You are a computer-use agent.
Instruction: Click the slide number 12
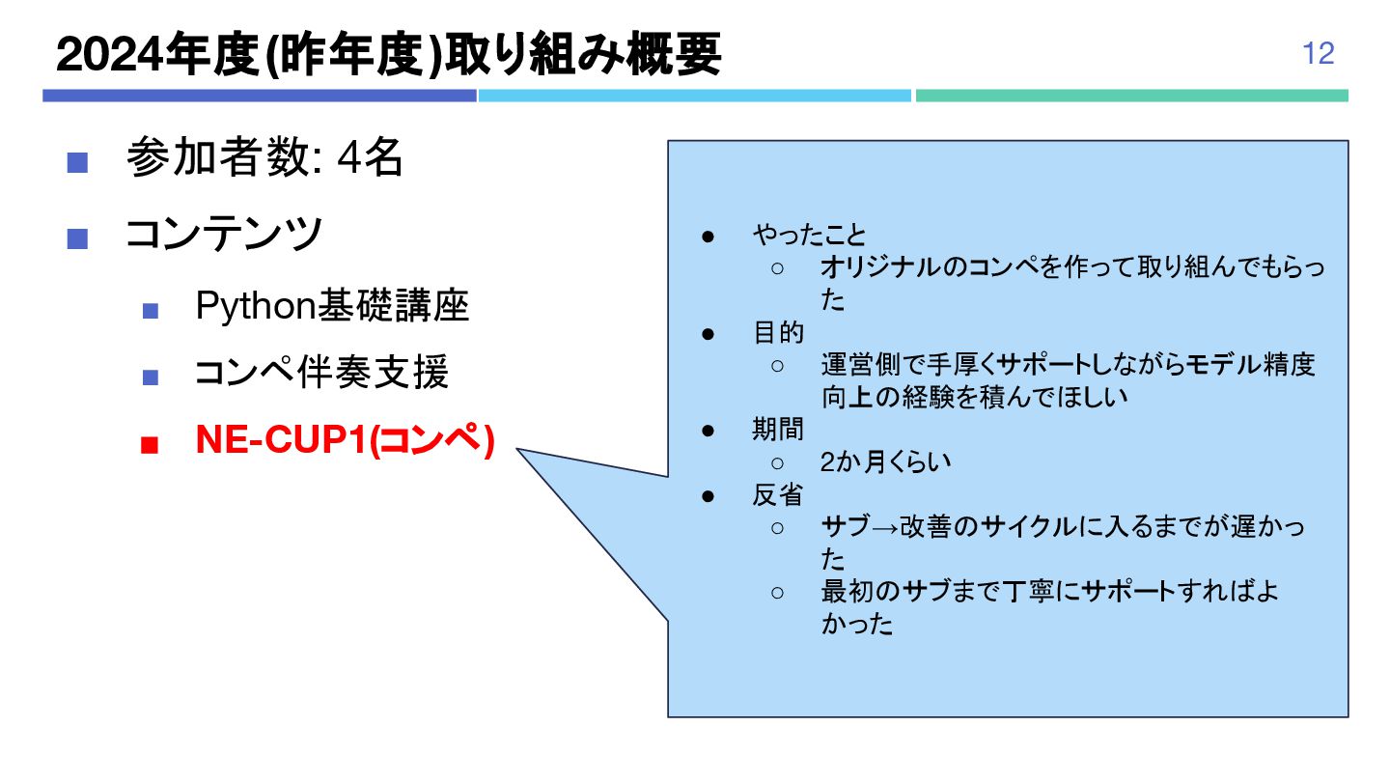coord(1319,53)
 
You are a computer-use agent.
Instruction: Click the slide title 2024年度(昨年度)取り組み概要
coord(388,55)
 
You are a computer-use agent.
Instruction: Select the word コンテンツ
coord(224,234)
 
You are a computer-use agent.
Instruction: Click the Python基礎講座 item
coord(332,306)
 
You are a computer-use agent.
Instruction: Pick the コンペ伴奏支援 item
coord(321,373)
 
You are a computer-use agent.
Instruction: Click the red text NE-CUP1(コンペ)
coord(345,440)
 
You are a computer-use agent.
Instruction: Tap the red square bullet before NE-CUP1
coord(149,445)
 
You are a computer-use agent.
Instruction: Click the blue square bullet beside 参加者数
coord(77,162)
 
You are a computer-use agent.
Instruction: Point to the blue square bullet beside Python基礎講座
coord(149,311)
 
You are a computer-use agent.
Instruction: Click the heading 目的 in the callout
coord(778,333)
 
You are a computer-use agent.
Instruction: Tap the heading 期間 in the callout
coord(778,429)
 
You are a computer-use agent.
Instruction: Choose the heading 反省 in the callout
coord(778,495)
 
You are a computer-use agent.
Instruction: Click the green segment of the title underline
coord(1131,96)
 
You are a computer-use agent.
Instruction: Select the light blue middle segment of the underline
coord(695,96)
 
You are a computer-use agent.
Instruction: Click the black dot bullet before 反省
coord(708,495)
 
